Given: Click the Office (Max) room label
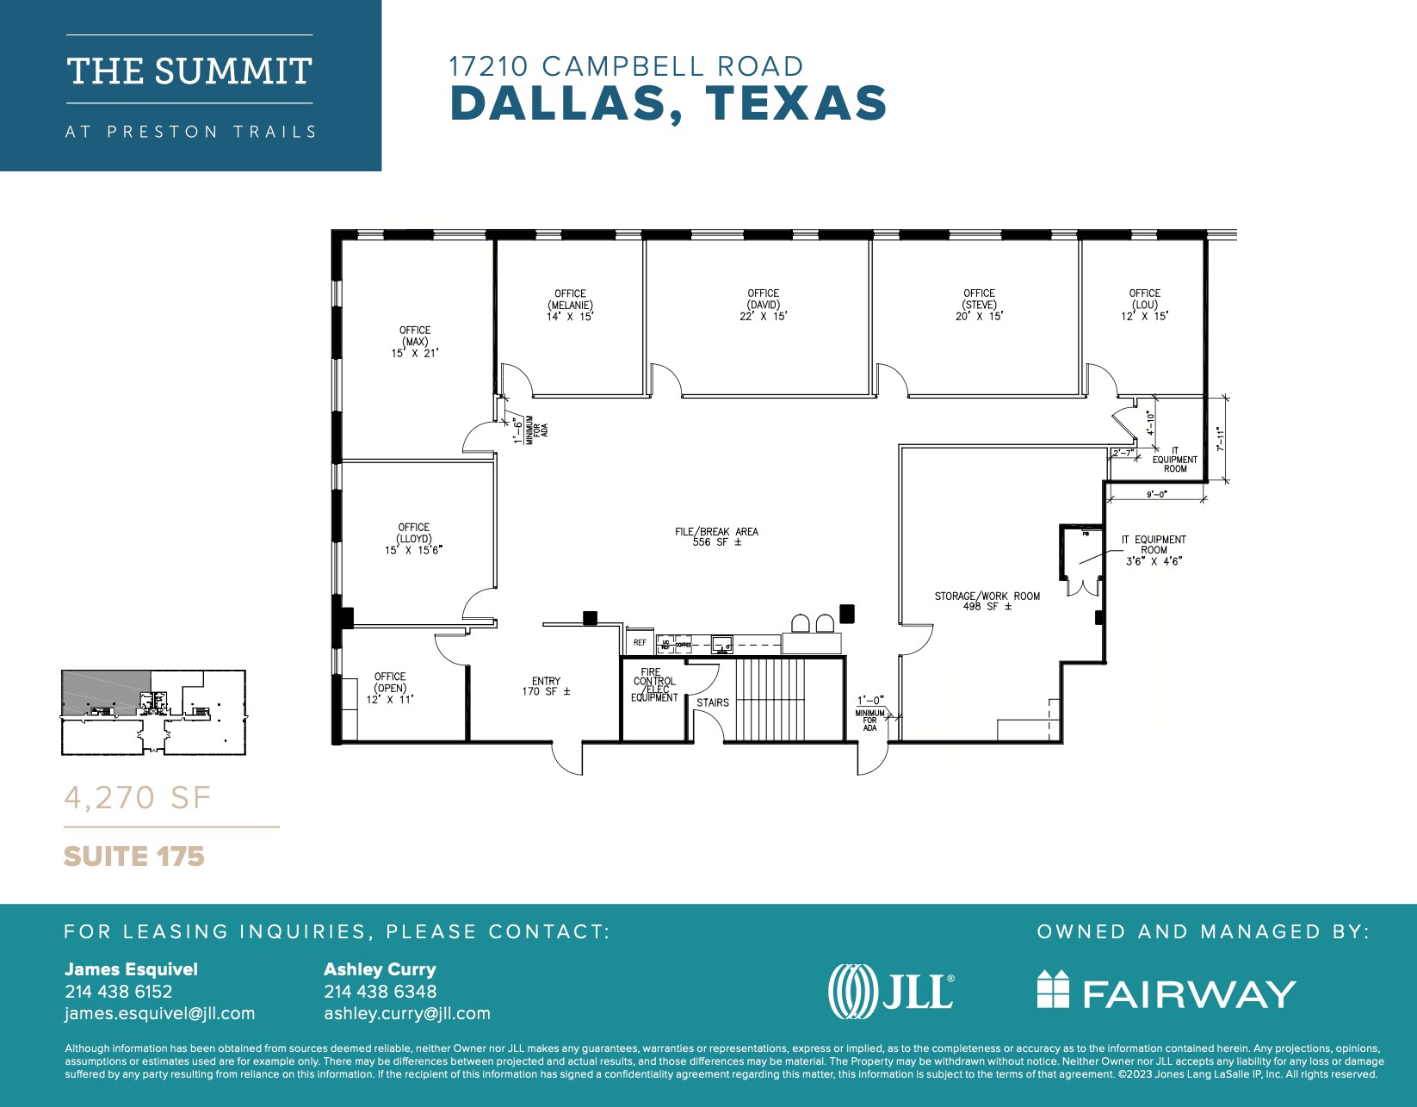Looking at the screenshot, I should [x=415, y=342].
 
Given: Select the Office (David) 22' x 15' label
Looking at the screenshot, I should [x=763, y=305].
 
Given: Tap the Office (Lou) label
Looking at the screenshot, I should [x=1144, y=305].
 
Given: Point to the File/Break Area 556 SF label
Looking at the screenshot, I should [x=716, y=537].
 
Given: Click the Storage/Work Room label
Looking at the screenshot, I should [x=987, y=601].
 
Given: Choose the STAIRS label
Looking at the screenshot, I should [x=713, y=702].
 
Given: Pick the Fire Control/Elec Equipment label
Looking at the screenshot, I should [x=654, y=685].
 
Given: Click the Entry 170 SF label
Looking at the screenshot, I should [x=546, y=686].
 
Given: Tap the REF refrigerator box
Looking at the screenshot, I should [x=640, y=643].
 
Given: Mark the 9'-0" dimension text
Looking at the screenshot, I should [x=1155, y=495].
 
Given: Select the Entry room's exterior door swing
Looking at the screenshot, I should [x=566, y=758].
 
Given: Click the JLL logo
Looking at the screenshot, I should [x=891, y=991].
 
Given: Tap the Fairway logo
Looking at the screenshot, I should [x=1166, y=991].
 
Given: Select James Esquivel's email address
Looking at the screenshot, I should [x=160, y=1013].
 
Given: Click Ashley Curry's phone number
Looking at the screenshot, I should [x=380, y=992].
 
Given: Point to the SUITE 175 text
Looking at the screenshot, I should [x=134, y=857].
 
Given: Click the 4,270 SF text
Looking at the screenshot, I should [x=138, y=798].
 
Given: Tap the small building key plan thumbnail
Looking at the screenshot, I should [x=153, y=713].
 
